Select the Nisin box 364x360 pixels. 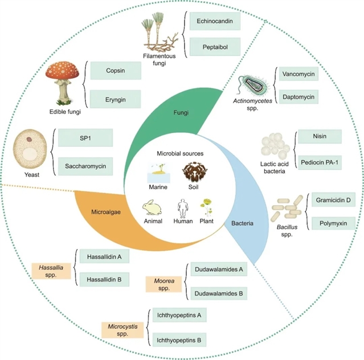pos(320,138)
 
